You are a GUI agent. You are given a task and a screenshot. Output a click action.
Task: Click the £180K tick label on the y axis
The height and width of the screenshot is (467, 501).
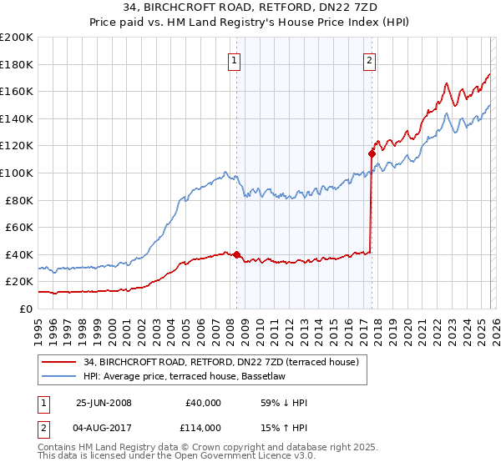click(17, 64)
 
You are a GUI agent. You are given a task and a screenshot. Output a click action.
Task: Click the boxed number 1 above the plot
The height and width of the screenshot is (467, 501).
click(234, 60)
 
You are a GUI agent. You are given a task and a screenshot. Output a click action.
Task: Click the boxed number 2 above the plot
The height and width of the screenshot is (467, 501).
click(369, 60)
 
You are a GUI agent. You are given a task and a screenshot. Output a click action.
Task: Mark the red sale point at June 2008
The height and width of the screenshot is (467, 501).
click(236, 254)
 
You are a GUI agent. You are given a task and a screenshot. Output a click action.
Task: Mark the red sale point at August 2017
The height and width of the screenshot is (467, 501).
click(372, 153)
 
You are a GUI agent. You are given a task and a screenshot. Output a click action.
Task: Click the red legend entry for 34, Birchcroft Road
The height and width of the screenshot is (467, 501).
click(220, 362)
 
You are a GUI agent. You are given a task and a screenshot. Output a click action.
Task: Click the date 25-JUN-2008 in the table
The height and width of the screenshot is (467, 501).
click(104, 403)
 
